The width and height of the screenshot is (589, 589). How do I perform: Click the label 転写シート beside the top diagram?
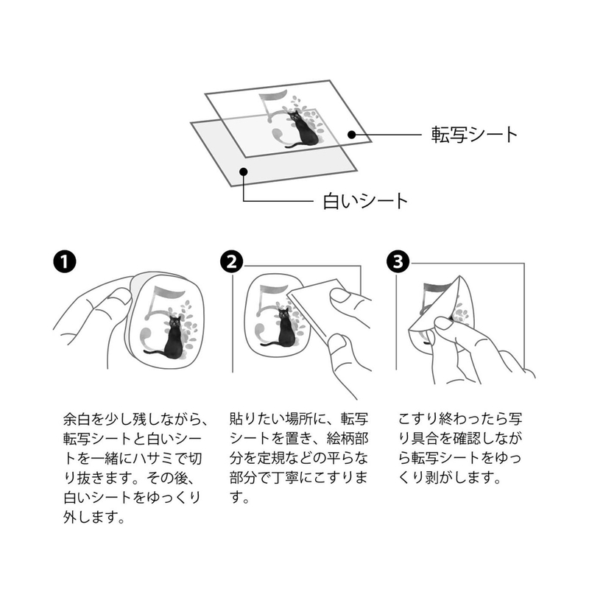[474, 135]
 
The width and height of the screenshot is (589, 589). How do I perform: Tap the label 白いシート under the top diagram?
[365, 201]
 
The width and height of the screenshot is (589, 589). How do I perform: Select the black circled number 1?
[65, 261]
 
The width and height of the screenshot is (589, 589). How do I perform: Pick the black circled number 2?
[232, 261]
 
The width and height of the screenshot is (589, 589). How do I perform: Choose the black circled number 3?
[398, 261]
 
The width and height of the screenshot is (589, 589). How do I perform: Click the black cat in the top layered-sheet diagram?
[303, 130]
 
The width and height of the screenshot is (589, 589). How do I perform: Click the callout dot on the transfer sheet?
[352, 135]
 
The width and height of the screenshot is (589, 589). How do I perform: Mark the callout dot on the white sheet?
[244, 172]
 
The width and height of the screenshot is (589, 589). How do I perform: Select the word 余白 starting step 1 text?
[77, 419]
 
